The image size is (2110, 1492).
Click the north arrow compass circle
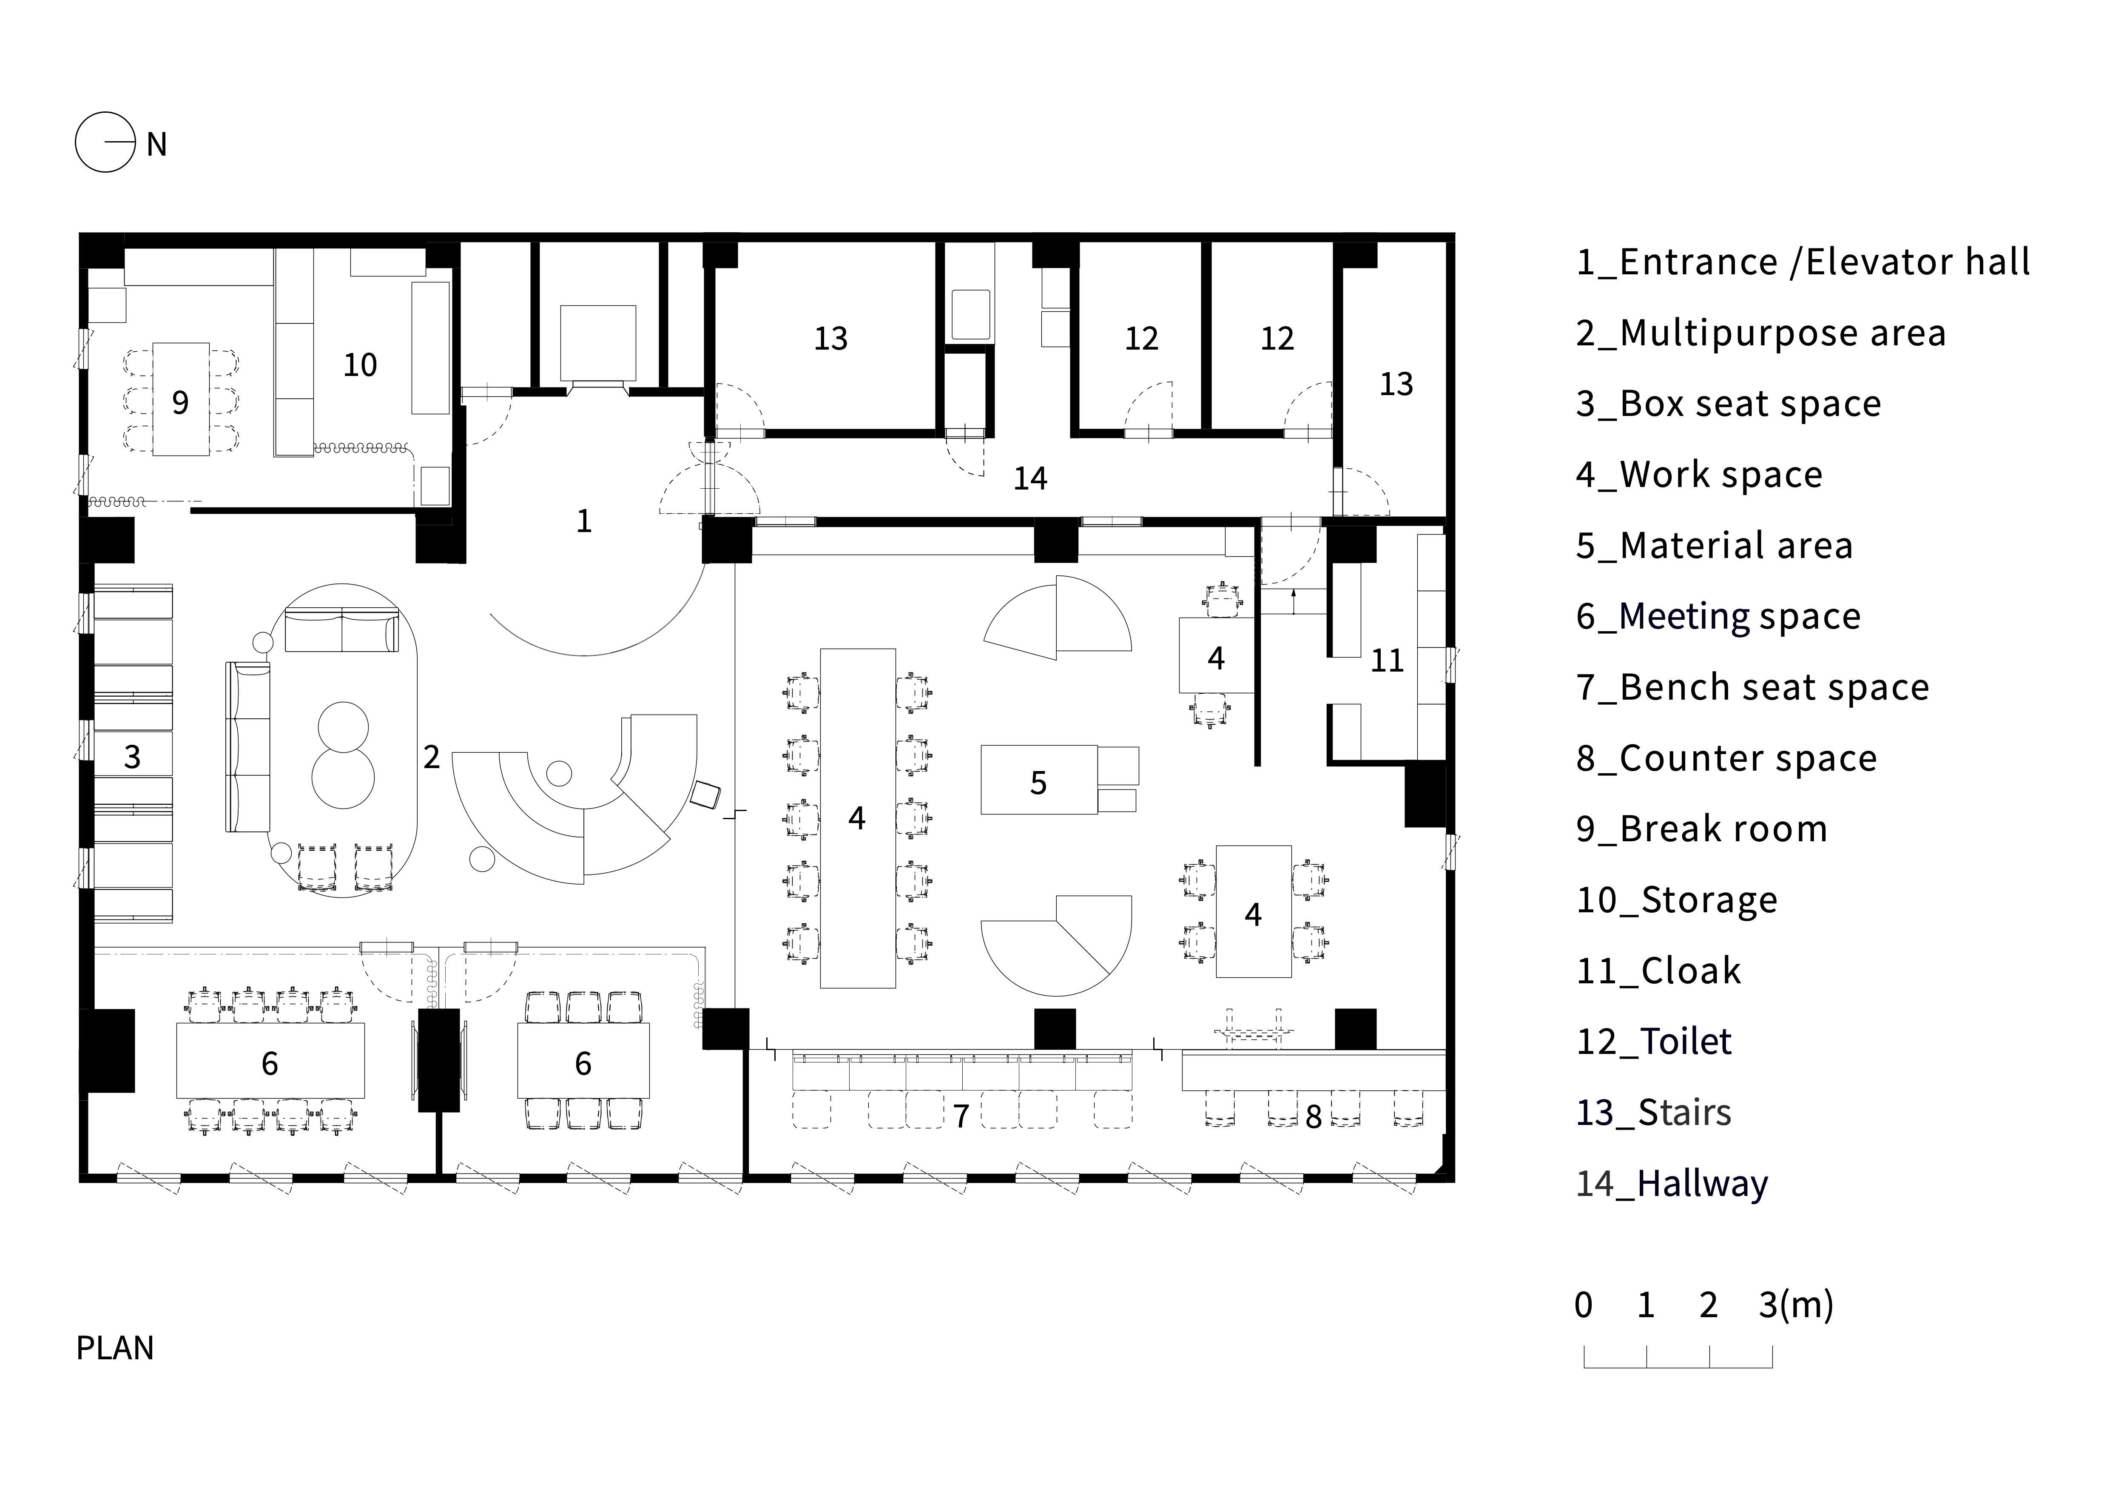click(x=105, y=142)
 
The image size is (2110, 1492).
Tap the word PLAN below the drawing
click(x=115, y=1348)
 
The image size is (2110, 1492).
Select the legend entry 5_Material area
click(x=1714, y=545)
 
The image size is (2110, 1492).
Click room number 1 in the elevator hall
click(x=583, y=521)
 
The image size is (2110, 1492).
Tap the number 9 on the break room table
click(x=180, y=403)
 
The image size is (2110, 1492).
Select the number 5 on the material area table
click(x=1038, y=783)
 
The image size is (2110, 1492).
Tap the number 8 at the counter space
click(x=1313, y=1117)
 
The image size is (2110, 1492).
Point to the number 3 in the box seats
click(x=132, y=757)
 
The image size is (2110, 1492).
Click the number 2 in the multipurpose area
click(x=431, y=757)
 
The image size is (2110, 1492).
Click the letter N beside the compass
click(x=156, y=144)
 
